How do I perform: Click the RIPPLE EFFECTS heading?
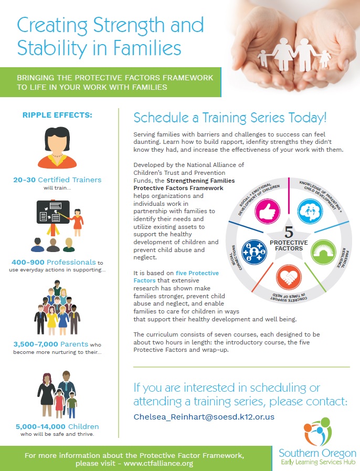click(x=57, y=115)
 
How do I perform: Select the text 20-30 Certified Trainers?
click(x=57, y=180)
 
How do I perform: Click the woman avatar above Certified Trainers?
click(x=58, y=148)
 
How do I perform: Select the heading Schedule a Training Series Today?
click(x=230, y=117)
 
